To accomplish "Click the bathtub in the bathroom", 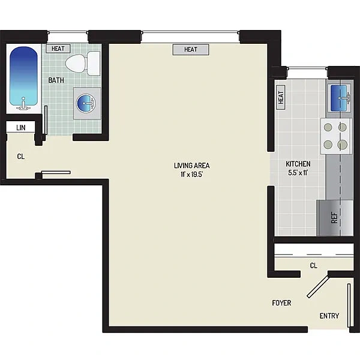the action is tap(23, 78).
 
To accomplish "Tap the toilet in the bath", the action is tap(83, 64).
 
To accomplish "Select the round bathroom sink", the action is tap(86, 104).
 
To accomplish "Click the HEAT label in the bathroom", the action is tap(58, 49).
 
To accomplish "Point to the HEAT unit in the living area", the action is tap(191, 50).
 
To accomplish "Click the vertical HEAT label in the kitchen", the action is tap(281, 97).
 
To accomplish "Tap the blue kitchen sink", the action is tap(339, 98).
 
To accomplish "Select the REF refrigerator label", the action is tap(334, 218).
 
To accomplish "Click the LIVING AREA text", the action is tap(192, 166).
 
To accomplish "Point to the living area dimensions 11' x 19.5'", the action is tap(192, 175).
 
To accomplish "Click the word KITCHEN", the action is tap(298, 164).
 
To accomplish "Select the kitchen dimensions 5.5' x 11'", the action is tap(298, 173).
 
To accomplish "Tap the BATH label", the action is tap(56, 80).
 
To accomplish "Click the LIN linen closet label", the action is tap(20, 128).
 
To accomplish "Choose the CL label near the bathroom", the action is tap(20, 157).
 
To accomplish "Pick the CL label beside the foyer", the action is tap(314, 266).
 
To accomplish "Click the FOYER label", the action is tap(282, 303).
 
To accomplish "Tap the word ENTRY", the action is tap(329, 316).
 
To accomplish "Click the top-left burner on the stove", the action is tap(328, 127).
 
